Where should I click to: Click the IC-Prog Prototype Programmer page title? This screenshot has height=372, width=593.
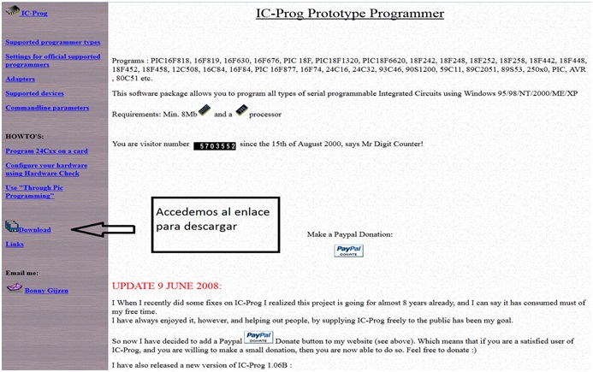click(x=350, y=14)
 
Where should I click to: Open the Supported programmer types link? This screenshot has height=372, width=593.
click(x=52, y=42)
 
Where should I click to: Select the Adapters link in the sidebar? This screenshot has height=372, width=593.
click(x=21, y=79)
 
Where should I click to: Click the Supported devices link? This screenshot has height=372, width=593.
click(x=34, y=93)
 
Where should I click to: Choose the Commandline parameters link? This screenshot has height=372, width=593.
click(x=47, y=108)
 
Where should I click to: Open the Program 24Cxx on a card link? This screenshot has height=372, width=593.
click(x=44, y=151)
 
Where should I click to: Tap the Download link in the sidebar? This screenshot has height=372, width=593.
click(x=35, y=229)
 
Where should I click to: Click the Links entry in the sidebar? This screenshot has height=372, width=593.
click(x=15, y=244)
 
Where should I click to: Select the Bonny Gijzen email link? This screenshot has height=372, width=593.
click(x=48, y=291)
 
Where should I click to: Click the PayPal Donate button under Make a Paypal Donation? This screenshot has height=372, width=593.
click(x=348, y=251)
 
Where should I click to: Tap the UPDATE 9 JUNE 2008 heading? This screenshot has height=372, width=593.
click(x=167, y=285)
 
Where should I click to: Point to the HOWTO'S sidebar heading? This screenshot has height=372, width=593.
click(x=24, y=136)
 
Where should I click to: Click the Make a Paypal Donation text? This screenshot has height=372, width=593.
click(x=350, y=233)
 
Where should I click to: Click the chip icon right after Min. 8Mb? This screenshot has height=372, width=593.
click(x=205, y=111)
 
